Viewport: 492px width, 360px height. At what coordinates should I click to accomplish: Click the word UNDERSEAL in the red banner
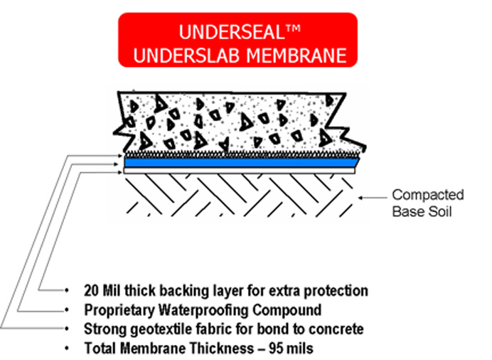(x=232, y=32)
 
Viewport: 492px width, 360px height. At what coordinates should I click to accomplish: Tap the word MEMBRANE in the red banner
(x=296, y=55)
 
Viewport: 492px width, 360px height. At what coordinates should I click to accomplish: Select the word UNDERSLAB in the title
(x=186, y=55)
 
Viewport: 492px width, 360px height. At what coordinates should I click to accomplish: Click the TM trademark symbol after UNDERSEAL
(x=293, y=28)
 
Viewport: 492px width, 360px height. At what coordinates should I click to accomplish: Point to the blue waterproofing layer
(x=242, y=163)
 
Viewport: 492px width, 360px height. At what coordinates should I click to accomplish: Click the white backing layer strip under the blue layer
(x=240, y=171)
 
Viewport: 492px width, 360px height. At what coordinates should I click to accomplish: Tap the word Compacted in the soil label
(x=428, y=195)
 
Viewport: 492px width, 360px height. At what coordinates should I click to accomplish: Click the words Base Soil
(x=422, y=211)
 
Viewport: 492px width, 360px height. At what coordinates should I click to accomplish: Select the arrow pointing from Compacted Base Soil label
(x=373, y=198)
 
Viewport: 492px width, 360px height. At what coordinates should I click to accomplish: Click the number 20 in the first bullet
(x=91, y=291)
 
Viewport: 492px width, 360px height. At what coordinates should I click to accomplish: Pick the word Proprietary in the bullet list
(x=119, y=310)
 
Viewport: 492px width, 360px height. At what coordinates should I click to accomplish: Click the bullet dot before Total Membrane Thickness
(x=67, y=349)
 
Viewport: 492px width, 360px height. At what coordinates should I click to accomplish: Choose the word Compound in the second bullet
(x=287, y=310)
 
